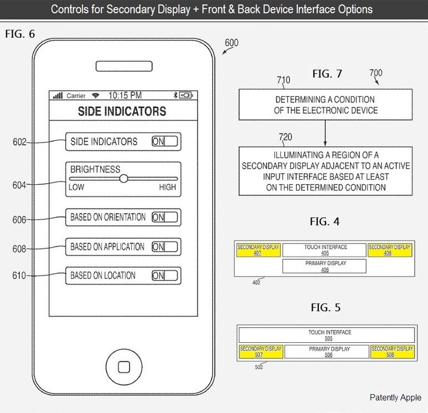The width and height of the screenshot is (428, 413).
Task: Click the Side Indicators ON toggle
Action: (165, 141)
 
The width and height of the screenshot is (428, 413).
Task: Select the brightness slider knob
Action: (124, 178)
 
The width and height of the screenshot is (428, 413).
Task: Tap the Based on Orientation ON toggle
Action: (165, 217)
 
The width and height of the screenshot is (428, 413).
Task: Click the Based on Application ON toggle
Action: (165, 247)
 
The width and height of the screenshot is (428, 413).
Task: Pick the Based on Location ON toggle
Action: (165, 276)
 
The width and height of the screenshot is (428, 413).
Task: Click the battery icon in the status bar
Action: (185, 95)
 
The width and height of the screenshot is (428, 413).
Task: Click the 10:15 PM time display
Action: (125, 95)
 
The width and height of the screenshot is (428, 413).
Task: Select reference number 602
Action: (19, 142)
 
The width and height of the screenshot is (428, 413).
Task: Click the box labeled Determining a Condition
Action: (326, 105)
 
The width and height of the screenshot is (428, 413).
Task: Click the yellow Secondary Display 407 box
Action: (258, 250)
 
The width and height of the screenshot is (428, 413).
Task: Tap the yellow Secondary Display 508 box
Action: (392, 352)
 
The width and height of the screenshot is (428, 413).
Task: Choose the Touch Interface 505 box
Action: (326, 335)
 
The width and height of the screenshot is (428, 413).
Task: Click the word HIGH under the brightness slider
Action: (167, 187)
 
